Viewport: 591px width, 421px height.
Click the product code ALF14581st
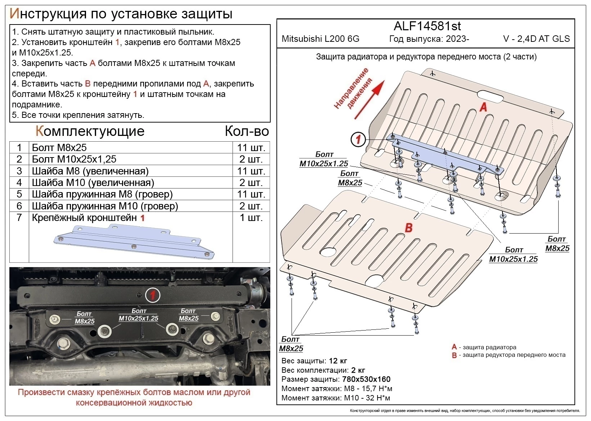tap(427, 26)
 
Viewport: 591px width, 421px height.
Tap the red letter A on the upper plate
tap(483, 107)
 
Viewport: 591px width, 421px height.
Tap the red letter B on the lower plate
tap(409, 228)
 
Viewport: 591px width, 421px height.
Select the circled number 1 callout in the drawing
tap(358, 139)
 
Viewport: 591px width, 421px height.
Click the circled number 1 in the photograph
tap(152, 296)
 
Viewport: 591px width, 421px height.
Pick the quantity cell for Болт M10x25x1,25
tap(251, 159)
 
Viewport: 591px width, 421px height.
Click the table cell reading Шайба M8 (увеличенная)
tap(90, 171)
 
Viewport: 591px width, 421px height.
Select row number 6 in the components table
tap(19, 206)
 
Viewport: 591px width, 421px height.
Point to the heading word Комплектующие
tap(90, 131)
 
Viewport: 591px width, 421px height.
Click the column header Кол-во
tap(247, 131)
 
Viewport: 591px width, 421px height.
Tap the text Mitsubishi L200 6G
tap(320, 39)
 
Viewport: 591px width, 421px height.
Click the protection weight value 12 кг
tap(338, 361)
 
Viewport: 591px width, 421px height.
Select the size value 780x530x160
tap(366, 379)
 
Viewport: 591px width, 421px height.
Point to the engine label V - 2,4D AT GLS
tap(536, 39)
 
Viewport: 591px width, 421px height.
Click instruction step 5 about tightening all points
tap(78, 115)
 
